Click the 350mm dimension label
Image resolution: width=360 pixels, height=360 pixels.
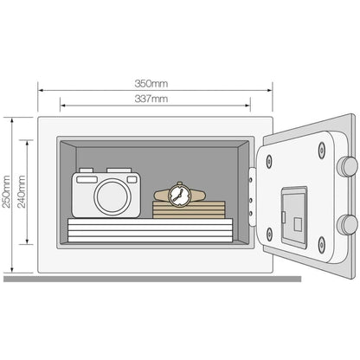(151, 84)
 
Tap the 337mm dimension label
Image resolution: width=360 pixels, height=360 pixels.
(151, 99)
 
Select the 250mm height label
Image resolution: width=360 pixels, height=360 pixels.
(6, 191)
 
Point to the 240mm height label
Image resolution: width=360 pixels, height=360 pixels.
(22, 191)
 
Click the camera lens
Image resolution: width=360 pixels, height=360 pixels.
(112, 196)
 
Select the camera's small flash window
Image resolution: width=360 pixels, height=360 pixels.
(132, 180)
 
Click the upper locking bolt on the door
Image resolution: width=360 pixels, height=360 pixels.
(348, 167)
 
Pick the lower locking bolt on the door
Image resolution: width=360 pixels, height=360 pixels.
(348, 225)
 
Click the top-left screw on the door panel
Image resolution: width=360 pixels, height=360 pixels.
(269, 162)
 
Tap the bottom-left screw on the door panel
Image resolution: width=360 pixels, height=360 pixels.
(269, 234)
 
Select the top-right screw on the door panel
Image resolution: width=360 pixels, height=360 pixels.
(322, 151)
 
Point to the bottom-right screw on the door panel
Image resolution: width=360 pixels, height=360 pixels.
(322, 245)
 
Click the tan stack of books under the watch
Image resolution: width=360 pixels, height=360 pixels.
(189, 209)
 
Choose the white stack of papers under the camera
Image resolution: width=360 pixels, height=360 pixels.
(150, 230)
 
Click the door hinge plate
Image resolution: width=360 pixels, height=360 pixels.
(252, 196)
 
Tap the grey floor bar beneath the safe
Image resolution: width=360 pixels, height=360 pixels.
(152, 279)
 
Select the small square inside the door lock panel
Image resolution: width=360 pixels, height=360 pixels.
(298, 225)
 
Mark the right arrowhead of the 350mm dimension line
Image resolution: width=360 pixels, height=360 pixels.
(270, 90)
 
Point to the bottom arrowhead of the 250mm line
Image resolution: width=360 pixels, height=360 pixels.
(12, 269)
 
